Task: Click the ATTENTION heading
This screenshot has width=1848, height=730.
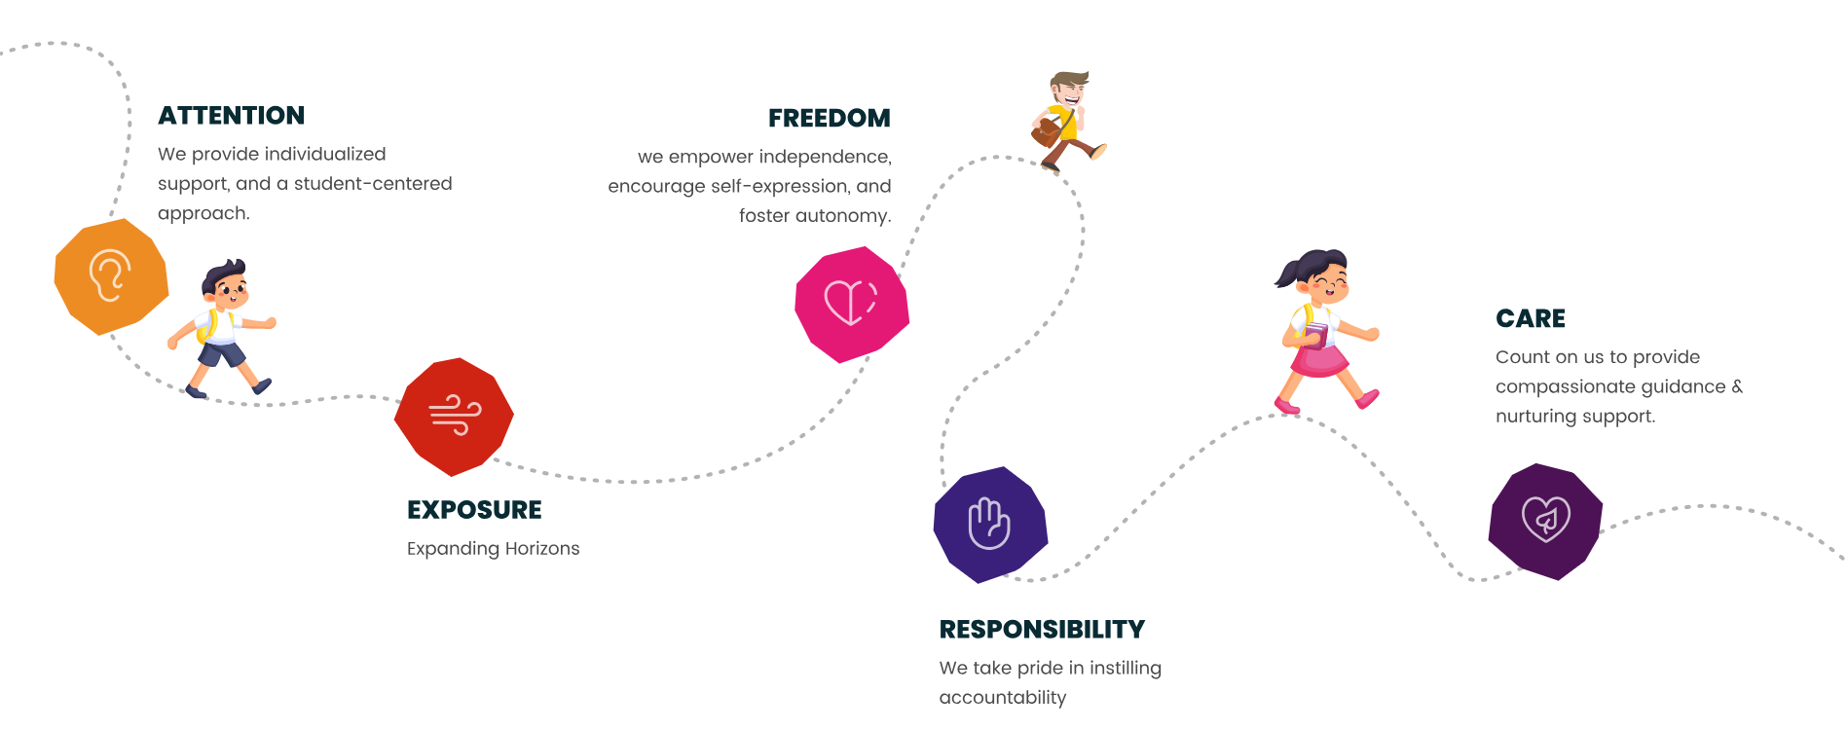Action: pos(232,116)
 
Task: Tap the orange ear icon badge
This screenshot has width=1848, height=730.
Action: pos(111,276)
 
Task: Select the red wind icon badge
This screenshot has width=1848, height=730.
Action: pos(454,417)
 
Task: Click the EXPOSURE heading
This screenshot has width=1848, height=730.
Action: pos(474,510)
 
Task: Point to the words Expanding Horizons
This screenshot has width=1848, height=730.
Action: pos(493,549)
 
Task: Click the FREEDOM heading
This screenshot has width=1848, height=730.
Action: pos(830,119)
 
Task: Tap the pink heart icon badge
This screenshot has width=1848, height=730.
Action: pos(852,305)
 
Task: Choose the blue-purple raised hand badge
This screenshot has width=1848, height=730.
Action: pos(990,525)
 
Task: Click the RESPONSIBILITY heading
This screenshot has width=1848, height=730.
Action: pos(1042,630)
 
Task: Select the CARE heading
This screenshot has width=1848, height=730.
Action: pos(1531,319)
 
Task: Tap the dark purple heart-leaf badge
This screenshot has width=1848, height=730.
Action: pos(1545,522)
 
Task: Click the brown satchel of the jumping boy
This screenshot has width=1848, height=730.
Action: pos(1047,131)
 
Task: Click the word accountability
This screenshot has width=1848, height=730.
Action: pos(1003,698)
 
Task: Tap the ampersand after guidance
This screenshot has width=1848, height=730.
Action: pos(1737,386)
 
